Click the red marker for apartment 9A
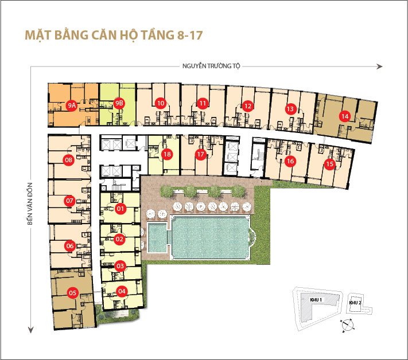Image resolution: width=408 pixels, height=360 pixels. click(x=72, y=105)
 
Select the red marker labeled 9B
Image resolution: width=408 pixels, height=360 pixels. click(x=119, y=103)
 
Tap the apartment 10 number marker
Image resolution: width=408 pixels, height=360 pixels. click(x=161, y=103)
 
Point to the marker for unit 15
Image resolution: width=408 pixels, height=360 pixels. click(x=329, y=164)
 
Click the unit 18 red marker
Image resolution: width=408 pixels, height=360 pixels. click(x=167, y=154)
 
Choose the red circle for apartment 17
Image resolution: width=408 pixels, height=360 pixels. click(x=200, y=154)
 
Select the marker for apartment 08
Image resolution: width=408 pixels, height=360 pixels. click(x=69, y=160)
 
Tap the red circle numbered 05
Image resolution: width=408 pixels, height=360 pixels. click(x=72, y=293)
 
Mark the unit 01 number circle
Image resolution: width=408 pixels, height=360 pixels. click(x=121, y=209)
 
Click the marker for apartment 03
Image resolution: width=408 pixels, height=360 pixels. click(x=121, y=266)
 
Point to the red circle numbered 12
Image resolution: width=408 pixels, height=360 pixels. click(x=247, y=105)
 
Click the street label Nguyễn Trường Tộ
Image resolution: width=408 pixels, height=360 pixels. click(x=211, y=66)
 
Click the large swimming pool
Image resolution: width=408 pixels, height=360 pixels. click(x=209, y=236)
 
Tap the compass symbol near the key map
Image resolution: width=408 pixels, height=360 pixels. click(x=347, y=326)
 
